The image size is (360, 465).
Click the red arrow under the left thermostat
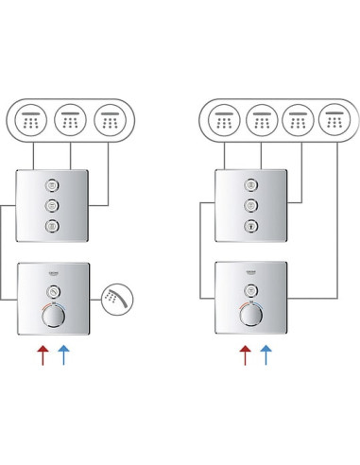pyautogui.click(x=41, y=355)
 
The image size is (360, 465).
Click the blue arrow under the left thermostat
pyautogui.click(x=62, y=355)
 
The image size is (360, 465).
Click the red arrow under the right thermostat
pyautogui.click(x=245, y=355)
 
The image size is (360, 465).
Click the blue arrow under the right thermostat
pyautogui.click(x=266, y=355)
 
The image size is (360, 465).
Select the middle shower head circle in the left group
pyautogui.click(x=71, y=121)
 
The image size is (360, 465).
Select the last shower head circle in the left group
pyautogui.click(x=111, y=121)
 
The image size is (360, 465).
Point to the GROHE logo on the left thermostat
pyautogui.click(x=54, y=271)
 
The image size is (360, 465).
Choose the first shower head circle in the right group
pyautogui.click(x=224, y=121)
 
